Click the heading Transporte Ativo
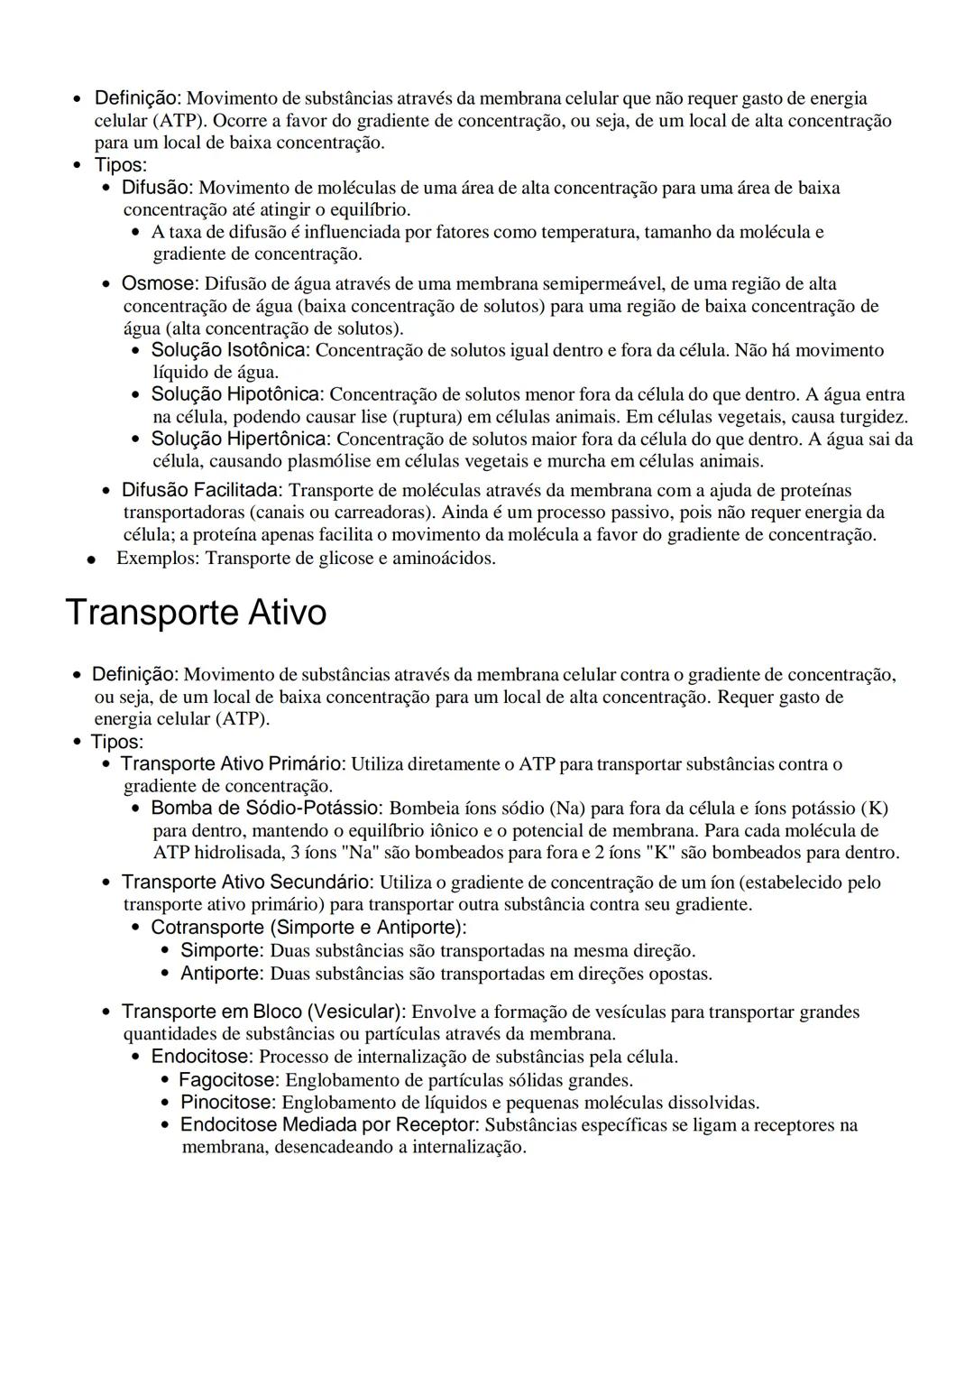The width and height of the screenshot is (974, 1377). click(196, 613)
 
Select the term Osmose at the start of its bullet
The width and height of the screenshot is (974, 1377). click(159, 284)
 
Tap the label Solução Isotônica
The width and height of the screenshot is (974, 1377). click(230, 350)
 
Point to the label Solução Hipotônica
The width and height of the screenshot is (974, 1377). click(237, 394)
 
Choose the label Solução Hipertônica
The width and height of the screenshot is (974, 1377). click(241, 439)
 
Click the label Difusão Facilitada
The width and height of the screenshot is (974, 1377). click(202, 490)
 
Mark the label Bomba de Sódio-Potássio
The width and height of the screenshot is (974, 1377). click(267, 809)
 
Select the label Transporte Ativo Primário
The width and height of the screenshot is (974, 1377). click(234, 764)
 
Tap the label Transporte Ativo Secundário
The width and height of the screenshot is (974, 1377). click(248, 883)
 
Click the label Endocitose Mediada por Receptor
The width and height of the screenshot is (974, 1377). click(329, 1125)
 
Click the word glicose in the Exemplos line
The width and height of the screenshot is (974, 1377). click(346, 559)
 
